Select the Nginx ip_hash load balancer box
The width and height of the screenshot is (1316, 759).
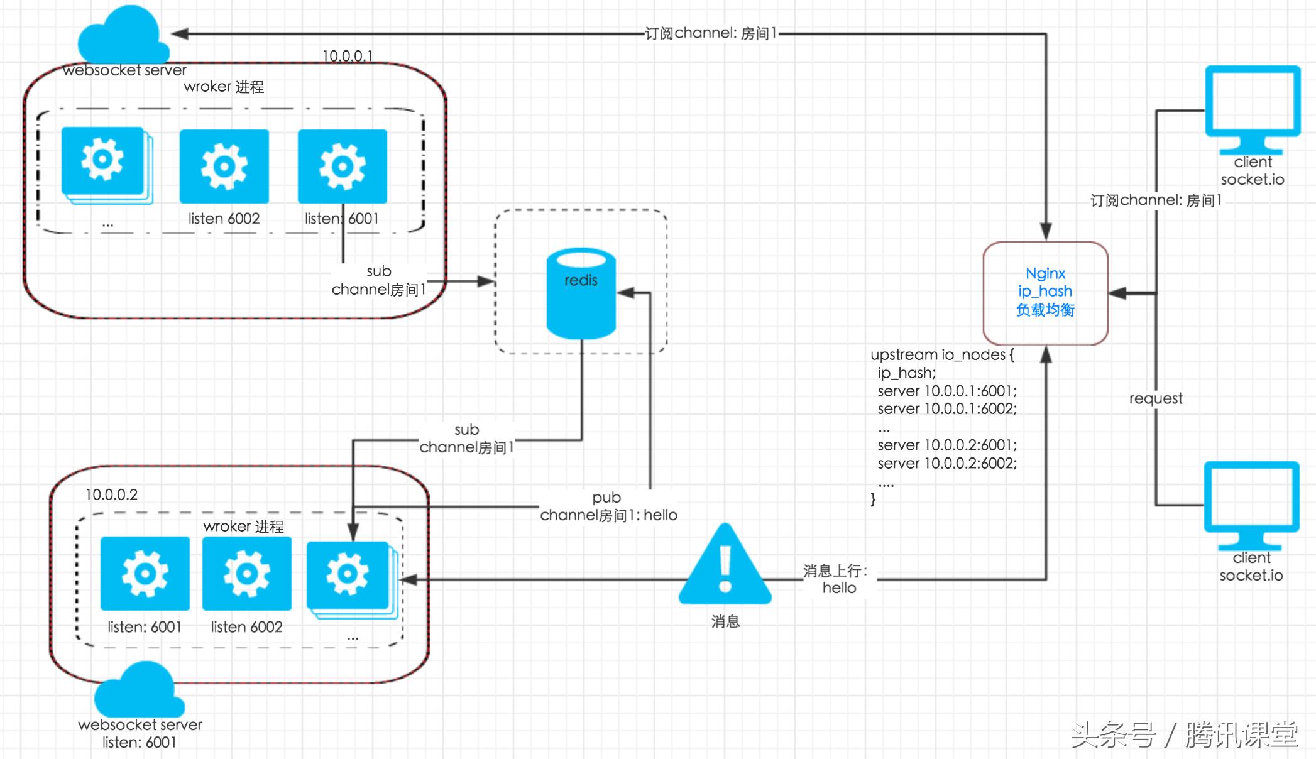[x=1045, y=293]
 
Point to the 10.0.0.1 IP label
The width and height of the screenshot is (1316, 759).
[x=348, y=56]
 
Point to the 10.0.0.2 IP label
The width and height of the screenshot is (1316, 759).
[x=111, y=494]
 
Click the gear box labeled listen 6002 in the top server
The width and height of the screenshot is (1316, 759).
[x=224, y=166]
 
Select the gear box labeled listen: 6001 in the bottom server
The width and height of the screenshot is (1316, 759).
[x=145, y=573]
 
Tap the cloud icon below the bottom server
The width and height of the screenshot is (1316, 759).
[x=140, y=690]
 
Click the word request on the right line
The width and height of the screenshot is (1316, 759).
[x=1155, y=398]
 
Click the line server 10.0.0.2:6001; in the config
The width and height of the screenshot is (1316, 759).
[x=947, y=445]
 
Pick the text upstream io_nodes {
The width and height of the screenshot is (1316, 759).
[x=941, y=354]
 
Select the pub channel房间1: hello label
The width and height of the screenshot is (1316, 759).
[x=608, y=506]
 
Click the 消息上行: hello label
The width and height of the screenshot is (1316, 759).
[x=838, y=579]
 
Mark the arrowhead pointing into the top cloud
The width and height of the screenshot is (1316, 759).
[x=180, y=33]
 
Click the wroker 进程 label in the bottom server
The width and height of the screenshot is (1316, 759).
[x=243, y=526]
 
